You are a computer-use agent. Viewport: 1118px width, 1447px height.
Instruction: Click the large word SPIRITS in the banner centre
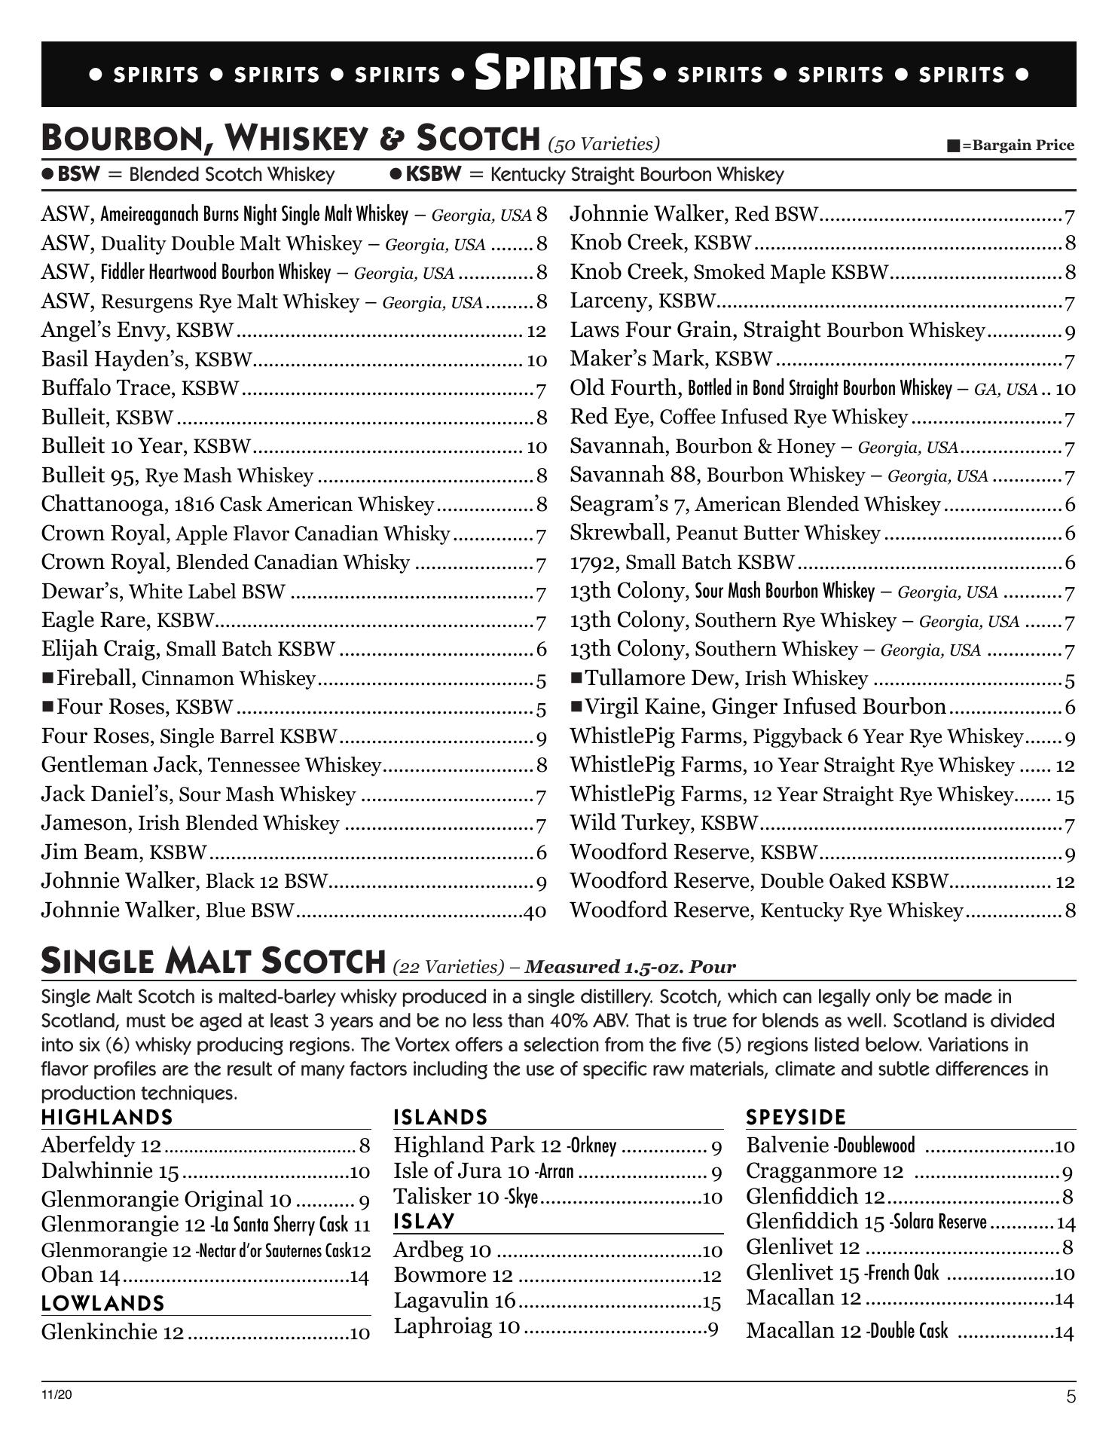point(558,74)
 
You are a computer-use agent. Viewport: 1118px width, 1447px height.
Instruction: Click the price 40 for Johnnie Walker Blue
point(535,912)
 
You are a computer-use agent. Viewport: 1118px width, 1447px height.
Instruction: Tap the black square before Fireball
point(48,678)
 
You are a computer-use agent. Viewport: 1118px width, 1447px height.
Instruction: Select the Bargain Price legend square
point(953,145)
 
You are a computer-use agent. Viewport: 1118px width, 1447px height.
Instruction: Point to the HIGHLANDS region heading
point(107,1117)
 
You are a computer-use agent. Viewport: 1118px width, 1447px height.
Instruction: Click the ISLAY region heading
point(424,1221)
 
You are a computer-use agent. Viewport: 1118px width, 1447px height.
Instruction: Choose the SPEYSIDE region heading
point(796,1117)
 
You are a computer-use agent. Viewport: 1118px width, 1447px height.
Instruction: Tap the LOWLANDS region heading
point(102,1303)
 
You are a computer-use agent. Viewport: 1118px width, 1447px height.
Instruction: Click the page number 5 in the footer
point(1071,1397)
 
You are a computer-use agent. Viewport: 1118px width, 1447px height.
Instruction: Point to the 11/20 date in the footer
point(57,1395)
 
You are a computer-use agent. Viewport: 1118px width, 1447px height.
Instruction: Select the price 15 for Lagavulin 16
point(711,1302)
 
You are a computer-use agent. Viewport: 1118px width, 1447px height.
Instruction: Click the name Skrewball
point(619,534)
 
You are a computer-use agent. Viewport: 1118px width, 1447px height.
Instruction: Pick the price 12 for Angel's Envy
point(536,331)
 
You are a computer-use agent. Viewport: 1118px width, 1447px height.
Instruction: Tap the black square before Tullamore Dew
point(577,678)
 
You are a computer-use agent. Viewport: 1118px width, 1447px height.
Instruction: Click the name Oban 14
point(81,1275)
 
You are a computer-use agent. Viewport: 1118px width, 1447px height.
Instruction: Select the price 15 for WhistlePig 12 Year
point(1065,795)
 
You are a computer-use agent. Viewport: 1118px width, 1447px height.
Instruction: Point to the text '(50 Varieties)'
point(603,144)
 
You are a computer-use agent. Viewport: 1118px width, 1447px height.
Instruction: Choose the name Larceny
point(611,301)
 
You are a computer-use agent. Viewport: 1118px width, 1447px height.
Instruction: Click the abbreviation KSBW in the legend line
point(433,175)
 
